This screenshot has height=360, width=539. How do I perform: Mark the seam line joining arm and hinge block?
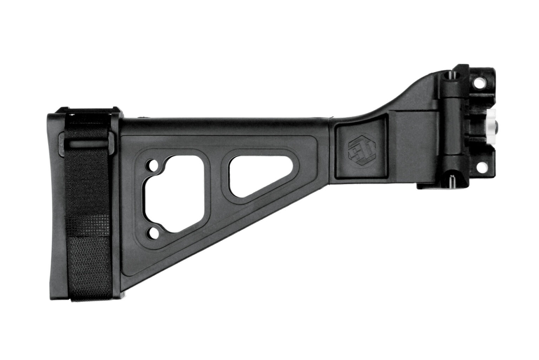coord(331,148)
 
